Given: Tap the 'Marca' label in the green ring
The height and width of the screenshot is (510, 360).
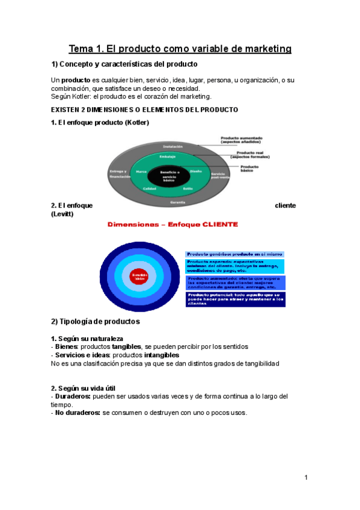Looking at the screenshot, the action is (141, 171).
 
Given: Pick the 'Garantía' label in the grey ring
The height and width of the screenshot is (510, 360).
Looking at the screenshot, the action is (177, 203).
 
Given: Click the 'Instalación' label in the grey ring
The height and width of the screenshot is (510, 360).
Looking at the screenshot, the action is (172, 146).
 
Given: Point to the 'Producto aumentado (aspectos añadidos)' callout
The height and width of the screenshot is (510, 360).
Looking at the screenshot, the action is (242, 140).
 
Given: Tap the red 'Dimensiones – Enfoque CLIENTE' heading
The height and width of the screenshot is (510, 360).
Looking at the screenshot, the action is (172, 225).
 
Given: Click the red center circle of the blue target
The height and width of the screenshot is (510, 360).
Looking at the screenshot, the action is (139, 276).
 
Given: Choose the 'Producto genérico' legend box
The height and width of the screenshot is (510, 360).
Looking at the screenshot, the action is (234, 254).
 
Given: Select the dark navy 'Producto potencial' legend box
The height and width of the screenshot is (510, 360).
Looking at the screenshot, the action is (235, 299).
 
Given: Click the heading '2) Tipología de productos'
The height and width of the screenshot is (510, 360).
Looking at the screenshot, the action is (96, 321).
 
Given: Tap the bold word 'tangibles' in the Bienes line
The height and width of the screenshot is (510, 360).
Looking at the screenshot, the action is (126, 346).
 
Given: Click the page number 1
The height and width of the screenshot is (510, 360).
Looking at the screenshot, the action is (306, 478).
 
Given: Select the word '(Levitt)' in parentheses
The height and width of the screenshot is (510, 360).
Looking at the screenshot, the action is (62, 214).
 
